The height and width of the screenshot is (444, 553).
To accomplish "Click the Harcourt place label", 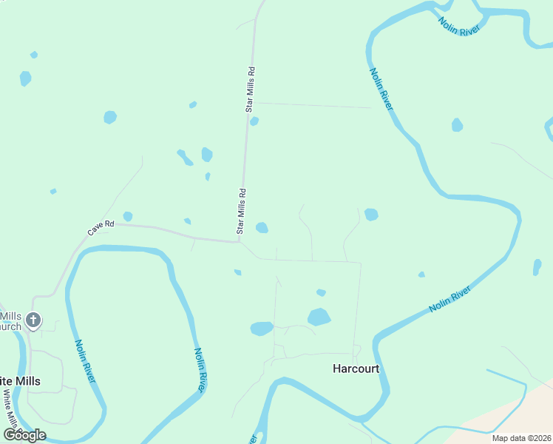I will [356, 369].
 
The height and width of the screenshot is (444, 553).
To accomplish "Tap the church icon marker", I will [33, 320].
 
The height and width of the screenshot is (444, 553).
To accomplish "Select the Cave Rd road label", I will [101, 228].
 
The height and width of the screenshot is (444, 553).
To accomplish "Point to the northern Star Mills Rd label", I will [250, 90].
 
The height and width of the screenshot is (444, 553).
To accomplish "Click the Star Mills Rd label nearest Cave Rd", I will [241, 211].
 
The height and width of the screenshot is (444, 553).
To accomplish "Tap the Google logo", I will [24, 434].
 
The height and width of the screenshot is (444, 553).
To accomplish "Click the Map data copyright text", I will [521, 438].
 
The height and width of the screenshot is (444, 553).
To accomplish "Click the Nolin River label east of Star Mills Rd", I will [381, 89].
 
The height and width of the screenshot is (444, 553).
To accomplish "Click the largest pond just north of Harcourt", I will [319, 317].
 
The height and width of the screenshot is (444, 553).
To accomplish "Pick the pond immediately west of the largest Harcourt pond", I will [262, 328].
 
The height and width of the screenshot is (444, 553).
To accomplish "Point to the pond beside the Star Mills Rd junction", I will [262, 227].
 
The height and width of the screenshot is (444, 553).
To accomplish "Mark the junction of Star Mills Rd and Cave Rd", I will [239, 241].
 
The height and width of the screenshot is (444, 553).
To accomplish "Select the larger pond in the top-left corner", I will [25, 78].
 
